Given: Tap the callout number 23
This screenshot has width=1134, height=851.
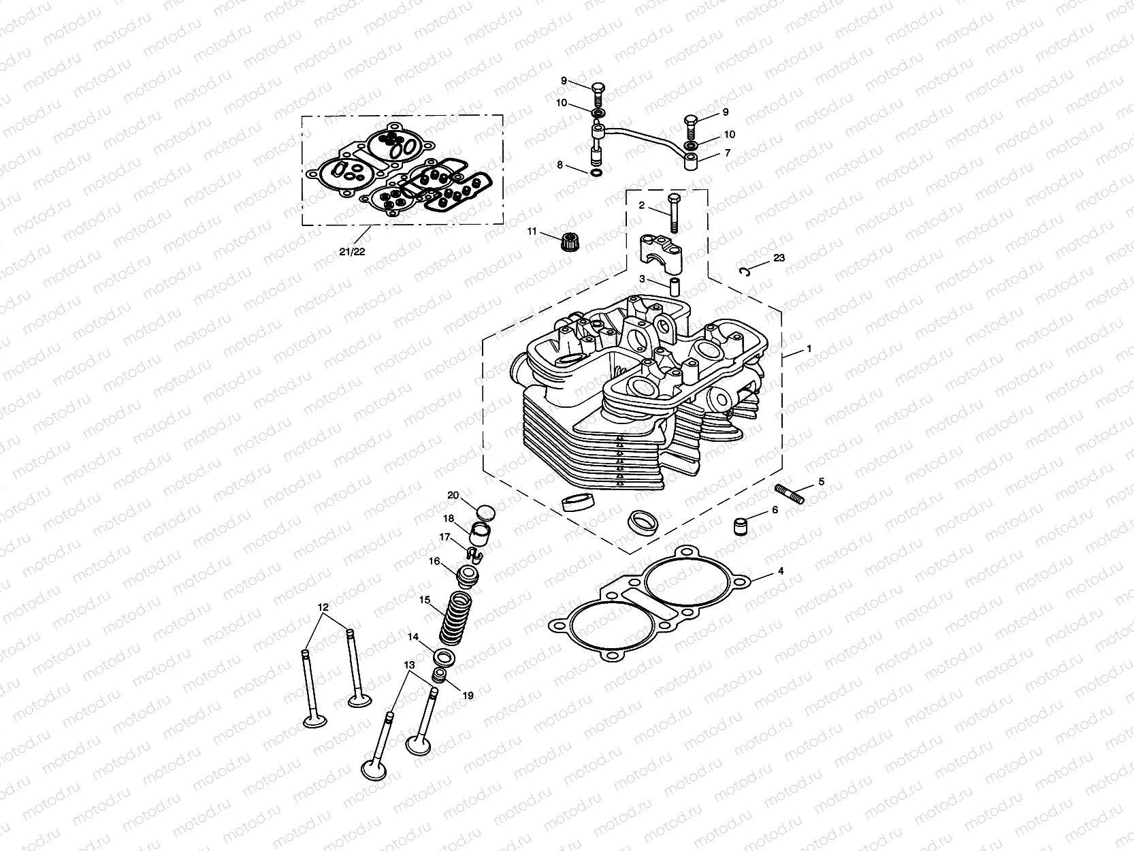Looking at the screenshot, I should pyautogui.click(x=779, y=258).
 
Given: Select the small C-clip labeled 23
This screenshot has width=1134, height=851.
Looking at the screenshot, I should pyautogui.click(x=745, y=272).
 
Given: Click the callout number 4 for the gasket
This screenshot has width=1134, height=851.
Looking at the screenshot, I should pyautogui.click(x=781, y=571).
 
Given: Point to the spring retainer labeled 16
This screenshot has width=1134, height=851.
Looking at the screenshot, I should pyautogui.click(x=466, y=576).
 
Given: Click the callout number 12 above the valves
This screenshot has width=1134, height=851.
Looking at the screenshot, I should pyautogui.click(x=323, y=607).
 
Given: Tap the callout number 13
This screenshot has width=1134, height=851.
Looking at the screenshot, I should pyautogui.click(x=408, y=664).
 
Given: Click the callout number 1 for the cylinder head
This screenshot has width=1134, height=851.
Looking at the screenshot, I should pyautogui.click(x=809, y=349).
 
